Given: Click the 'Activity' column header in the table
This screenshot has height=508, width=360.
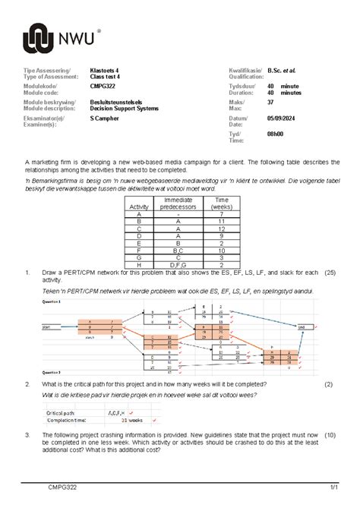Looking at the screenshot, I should coord(140,207).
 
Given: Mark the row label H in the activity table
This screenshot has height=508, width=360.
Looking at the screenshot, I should coord(140,265).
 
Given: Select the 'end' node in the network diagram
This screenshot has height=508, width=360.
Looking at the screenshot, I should coord(302,327).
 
